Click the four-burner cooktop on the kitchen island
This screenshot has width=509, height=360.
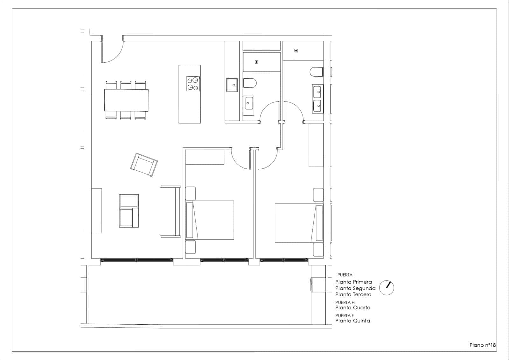(x=193, y=84)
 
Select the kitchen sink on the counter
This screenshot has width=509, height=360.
(x=232, y=85)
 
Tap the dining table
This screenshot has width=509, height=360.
(x=126, y=100)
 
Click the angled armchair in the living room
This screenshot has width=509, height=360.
(x=144, y=165)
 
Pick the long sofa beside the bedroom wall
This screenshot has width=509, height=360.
(x=170, y=211)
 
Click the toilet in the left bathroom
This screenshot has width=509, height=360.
(x=250, y=83)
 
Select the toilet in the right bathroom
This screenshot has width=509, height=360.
(x=317, y=72)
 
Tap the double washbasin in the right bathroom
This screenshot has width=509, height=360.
(x=317, y=98)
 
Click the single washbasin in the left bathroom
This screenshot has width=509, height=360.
(x=249, y=103)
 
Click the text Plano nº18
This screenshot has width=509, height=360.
(x=483, y=345)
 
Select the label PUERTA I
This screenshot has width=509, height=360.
(x=346, y=275)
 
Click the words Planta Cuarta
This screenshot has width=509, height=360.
(x=353, y=307)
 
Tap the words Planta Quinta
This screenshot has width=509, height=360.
(x=352, y=321)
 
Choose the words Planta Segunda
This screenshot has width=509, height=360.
(x=355, y=288)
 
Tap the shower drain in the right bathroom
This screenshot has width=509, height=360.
(x=296, y=50)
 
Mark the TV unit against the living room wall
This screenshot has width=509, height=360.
(x=96, y=211)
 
